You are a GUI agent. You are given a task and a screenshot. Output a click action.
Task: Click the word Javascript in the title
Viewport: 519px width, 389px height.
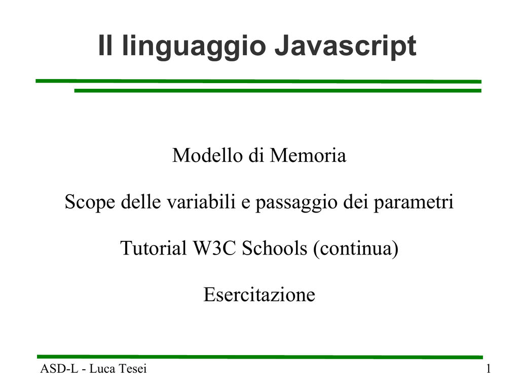coord(345,46)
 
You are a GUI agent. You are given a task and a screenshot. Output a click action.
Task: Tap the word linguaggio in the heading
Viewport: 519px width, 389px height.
coord(194,46)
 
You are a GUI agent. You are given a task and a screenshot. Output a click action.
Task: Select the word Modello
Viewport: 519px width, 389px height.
coord(207,155)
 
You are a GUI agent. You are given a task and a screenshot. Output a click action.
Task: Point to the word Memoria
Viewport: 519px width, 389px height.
coord(308,155)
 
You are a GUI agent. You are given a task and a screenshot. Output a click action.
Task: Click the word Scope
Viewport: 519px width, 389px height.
coord(90,202)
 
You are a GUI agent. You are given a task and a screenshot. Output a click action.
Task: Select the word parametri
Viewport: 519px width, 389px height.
coord(414,202)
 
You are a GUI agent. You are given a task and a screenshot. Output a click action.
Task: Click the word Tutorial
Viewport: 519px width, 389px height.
coord(153,248)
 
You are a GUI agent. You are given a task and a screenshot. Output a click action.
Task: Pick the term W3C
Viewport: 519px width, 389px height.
coord(214,248)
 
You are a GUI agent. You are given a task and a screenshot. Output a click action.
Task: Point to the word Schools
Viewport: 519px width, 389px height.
coord(274,248)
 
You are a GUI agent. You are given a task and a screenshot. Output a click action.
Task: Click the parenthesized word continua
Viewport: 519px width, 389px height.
coord(356,249)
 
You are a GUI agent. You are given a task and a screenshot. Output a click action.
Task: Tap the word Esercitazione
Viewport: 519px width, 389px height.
coord(259,294)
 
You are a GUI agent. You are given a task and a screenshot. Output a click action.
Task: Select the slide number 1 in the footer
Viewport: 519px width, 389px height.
coord(488,368)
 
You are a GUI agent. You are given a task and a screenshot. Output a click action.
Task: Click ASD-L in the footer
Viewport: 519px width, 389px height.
coord(59,368)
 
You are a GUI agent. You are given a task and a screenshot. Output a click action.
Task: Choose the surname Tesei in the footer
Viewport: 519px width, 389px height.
coord(132,368)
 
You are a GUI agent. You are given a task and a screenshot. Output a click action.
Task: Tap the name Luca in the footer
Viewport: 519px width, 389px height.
coord(102,368)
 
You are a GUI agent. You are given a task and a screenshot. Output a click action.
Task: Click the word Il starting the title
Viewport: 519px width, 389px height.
coord(105,46)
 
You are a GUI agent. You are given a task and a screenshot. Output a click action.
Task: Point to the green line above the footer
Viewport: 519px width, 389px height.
coord(260,357)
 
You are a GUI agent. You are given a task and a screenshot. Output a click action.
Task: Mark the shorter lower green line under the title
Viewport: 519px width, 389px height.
coord(278,90)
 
